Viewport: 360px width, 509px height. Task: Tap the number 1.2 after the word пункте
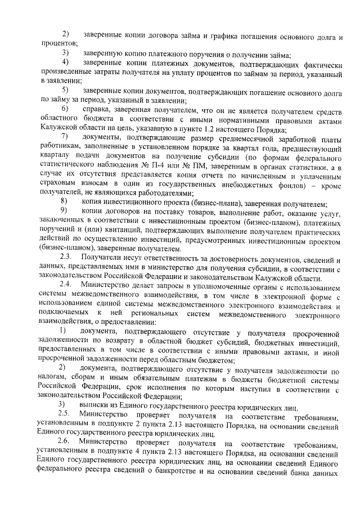193,128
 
